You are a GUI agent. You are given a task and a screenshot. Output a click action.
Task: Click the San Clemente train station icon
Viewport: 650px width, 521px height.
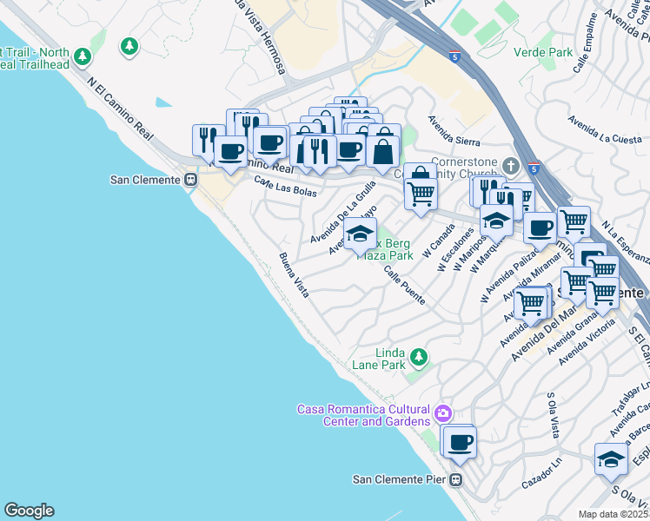[x=190, y=180]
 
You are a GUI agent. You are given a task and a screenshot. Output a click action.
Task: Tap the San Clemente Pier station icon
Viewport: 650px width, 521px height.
[x=455, y=479]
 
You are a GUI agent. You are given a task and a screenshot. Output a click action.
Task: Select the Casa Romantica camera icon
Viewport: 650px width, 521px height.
[x=444, y=412]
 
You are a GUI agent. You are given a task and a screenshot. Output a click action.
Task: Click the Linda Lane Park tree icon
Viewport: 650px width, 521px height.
[x=419, y=357]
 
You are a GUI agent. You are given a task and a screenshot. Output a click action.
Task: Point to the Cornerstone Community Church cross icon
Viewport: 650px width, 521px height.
[x=513, y=164]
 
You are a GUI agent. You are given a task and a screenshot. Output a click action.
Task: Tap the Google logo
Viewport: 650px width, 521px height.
[x=29, y=511]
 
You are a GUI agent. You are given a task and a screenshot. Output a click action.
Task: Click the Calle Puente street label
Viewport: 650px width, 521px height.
[x=404, y=286]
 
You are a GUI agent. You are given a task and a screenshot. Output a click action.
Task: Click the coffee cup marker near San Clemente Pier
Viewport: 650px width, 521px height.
[x=459, y=442]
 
